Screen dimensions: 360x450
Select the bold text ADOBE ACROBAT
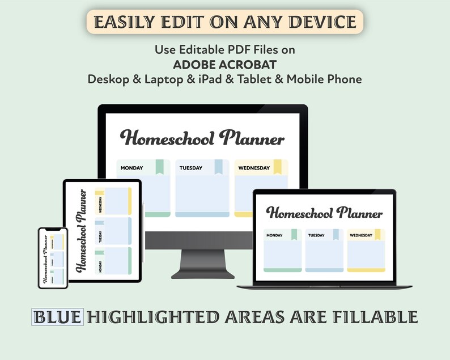(x=224, y=64)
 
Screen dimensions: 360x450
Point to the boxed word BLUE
(x=58, y=316)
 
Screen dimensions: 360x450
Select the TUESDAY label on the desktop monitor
(x=191, y=168)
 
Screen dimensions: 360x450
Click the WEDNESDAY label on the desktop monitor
(x=253, y=168)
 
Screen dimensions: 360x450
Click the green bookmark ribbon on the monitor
(x=160, y=167)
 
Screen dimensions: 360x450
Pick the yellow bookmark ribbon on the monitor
(x=278, y=167)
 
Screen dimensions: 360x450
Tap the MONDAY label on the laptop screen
(x=274, y=235)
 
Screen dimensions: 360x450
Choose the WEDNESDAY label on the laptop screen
(x=361, y=235)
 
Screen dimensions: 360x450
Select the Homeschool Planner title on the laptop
(x=324, y=213)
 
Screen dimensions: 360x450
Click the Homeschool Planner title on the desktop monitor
(x=202, y=138)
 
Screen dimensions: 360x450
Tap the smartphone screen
(x=53, y=258)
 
